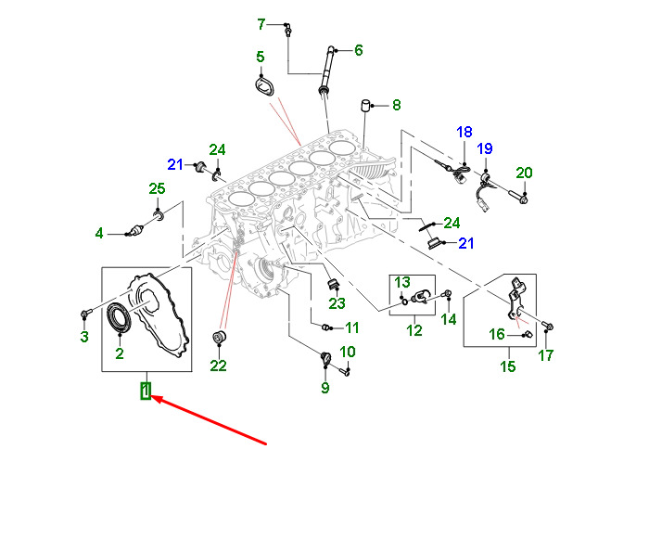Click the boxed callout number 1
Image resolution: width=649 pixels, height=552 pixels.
pyautogui.click(x=146, y=392)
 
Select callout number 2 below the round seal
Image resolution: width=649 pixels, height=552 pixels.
pyautogui.click(x=119, y=353)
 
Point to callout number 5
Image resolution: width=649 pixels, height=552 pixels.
pyautogui.click(x=261, y=57)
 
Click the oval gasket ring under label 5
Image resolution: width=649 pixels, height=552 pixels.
pyautogui.click(x=266, y=87)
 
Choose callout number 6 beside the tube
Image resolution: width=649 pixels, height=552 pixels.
pyautogui.click(x=359, y=50)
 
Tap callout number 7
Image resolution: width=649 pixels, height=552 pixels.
pyautogui.click(x=261, y=23)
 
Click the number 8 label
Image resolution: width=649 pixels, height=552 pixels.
pyautogui.click(x=396, y=105)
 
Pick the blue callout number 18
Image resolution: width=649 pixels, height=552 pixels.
pyautogui.click(x=464, y=133)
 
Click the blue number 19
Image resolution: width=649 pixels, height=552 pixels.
pyautogui.click(x=484, y=148)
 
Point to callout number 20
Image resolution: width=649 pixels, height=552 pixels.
pyautogui.click(x=524, y=173)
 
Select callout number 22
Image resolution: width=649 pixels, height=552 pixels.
pyautogui.click(x=218, y=366)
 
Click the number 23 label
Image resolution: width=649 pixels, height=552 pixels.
pyautogui.click(x=337, y=302)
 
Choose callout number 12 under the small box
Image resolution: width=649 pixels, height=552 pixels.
pyautogui.click(x=414, y=329)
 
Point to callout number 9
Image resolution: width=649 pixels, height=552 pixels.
pyautogui.click(x=325, y=388)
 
